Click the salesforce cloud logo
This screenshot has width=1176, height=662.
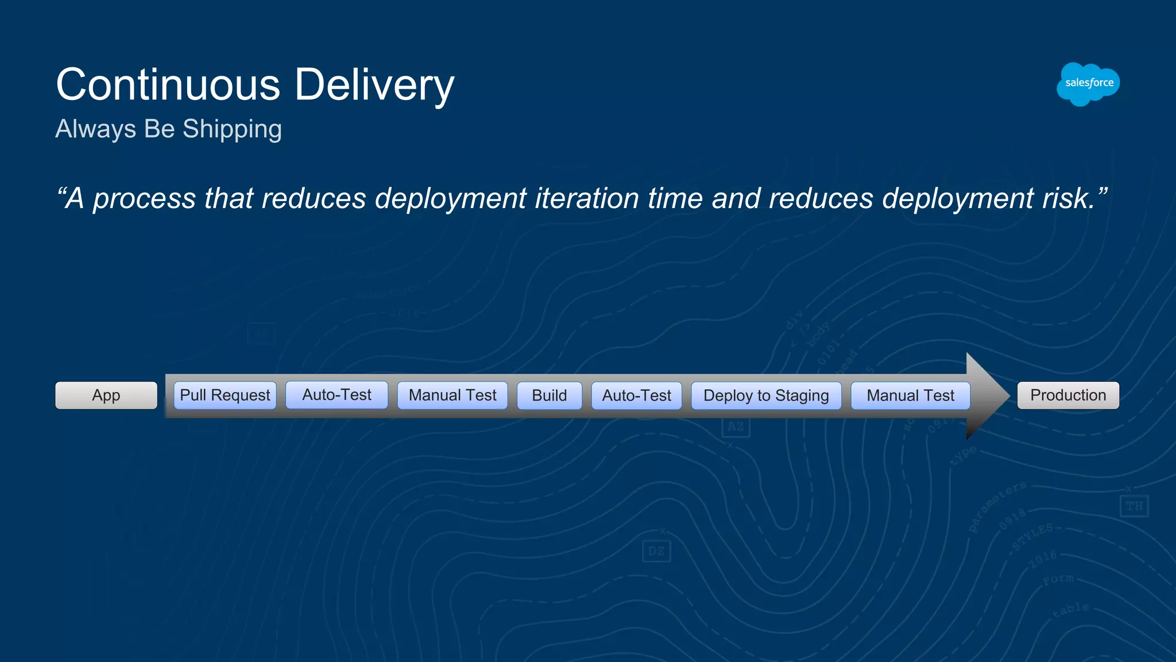tap(1088, 84)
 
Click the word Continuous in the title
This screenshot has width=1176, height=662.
tap(168, 84)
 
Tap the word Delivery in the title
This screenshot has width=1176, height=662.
tap(374, 84)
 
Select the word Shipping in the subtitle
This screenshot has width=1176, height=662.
tap(232, 129)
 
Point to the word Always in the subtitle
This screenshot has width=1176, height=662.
tap(95, 129)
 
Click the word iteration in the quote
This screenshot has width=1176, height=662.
tap(586, 199)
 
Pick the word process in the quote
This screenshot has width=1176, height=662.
tap(145, 199)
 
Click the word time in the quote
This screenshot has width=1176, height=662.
tap(675, 199)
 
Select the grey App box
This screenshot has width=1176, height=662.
tap(106, 395)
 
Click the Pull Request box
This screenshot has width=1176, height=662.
tap(225, 395)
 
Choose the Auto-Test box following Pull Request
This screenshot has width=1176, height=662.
tap(336, 395)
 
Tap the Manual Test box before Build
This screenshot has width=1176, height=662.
tap(452, 395)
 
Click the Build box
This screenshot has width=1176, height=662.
tap(549, 395)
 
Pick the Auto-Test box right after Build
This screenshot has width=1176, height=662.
tap(636, 395)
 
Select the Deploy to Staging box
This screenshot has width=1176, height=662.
tap(766, 395)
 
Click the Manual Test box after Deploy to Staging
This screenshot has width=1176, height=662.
tap(910, 395)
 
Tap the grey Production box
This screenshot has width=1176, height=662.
tap(1068, 395)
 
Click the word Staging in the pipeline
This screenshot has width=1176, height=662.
tap(802, 396)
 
